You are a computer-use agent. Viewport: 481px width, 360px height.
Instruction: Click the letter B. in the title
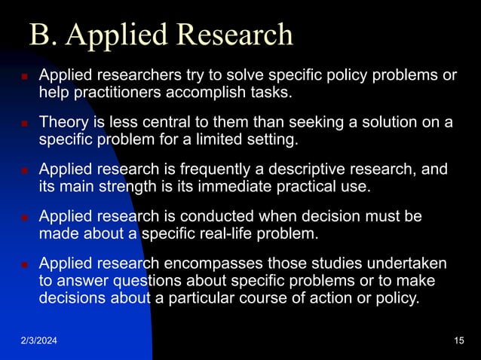pos(40,35)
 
